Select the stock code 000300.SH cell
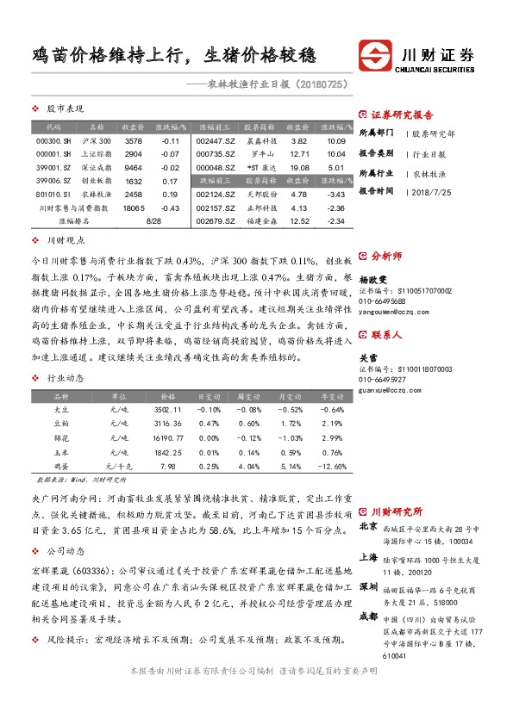coord(48,140)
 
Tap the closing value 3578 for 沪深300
coord(134,140)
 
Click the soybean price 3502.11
coord(167,411)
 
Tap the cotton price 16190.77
coord(167,438)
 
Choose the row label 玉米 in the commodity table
coord(60,452)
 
